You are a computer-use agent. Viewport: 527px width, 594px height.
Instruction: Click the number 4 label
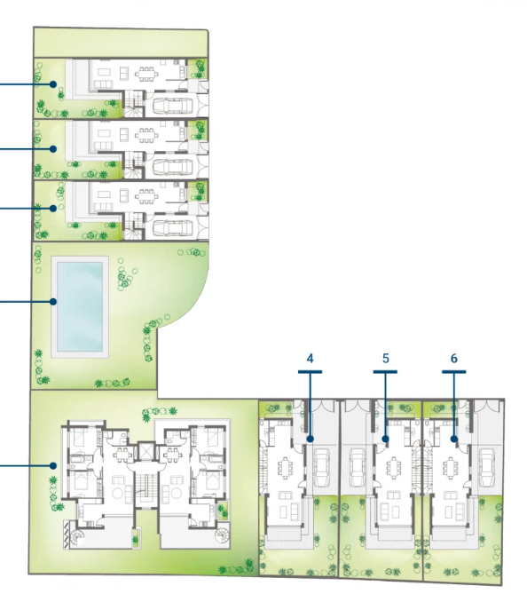(310, 359)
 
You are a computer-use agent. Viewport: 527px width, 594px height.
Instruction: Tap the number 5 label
(385, 359)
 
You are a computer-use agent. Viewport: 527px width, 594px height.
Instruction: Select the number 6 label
(454, 359)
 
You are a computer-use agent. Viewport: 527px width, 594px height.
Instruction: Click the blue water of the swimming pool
(80, 306)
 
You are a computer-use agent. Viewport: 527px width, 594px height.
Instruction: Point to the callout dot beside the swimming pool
(53, 302)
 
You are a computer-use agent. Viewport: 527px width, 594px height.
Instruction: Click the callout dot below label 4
(310, 439)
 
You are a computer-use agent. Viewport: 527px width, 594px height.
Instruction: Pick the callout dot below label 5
(385, 439)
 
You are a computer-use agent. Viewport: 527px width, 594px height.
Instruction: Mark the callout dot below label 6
(454, 439)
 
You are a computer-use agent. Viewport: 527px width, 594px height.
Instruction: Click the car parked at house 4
(321, 468)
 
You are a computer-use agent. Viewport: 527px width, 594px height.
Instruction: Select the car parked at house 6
(486, 468)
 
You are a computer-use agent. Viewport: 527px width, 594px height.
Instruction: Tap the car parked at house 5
(357, 468)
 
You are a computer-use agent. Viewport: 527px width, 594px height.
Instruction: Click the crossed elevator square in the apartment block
(145, 451)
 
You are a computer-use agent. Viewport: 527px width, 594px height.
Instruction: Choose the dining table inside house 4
(284, 467)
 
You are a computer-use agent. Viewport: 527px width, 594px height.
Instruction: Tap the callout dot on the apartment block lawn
(53, 465)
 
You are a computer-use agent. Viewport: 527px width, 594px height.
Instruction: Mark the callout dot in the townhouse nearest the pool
(53, 209)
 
